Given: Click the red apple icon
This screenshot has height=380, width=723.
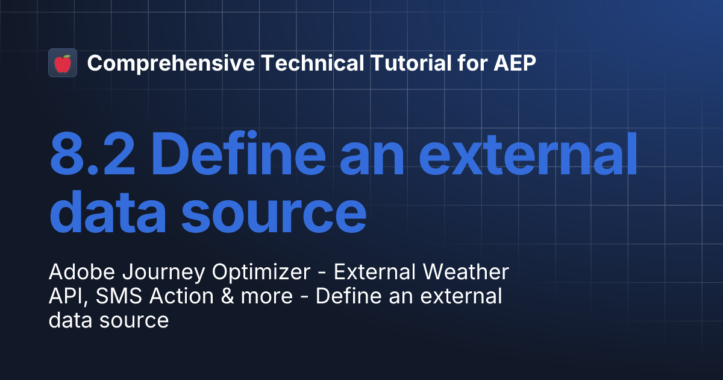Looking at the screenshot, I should click(x=63, y=63).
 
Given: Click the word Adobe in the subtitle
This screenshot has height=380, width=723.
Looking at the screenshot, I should click(x=77, y=273).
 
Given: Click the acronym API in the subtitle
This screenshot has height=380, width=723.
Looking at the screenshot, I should click(x=65, y=297).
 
